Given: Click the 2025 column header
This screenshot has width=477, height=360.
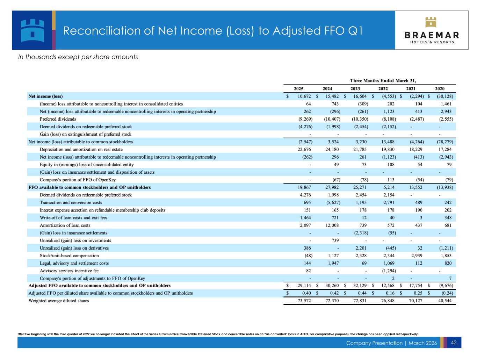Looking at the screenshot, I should click(299, 88).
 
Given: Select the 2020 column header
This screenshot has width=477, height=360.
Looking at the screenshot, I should click(440, 88).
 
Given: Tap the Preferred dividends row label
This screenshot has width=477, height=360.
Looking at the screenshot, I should click(58, 119).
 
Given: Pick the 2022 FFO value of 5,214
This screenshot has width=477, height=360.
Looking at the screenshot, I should click(388, 187).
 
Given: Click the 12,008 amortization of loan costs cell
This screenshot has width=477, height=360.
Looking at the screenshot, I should click(332, 225).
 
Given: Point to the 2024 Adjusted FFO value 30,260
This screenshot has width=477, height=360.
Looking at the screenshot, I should click(332, 286).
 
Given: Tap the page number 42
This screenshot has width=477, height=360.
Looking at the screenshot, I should click(454, 343).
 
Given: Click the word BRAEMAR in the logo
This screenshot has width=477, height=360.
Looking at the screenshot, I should click(432, 35).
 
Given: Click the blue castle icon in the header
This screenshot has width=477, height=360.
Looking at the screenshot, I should click(32, 30).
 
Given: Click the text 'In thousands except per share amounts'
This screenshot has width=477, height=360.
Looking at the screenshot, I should click(78, 57).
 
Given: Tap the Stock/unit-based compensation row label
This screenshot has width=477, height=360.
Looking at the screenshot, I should click(69, 255).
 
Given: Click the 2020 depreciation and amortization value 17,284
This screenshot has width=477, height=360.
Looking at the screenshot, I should click(445, 150).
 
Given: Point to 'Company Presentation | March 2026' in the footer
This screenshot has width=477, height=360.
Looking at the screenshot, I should click(391, 343).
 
